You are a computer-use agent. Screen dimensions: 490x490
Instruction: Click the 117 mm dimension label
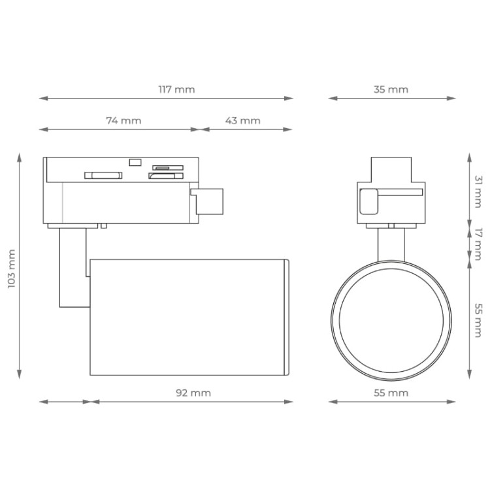(176, 90)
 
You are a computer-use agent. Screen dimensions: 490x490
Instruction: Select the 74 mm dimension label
(123, 120)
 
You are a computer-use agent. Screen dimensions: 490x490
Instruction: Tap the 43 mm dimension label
(242, 120)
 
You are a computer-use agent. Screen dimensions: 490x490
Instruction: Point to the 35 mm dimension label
(391, 90)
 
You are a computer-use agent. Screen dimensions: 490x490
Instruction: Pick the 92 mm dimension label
(193, 393)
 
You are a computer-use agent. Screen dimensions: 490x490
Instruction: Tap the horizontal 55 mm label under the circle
(391, 393)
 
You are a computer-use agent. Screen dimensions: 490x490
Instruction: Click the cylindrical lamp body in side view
(188, 317)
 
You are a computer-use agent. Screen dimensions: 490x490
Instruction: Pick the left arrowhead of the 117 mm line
(42, 99)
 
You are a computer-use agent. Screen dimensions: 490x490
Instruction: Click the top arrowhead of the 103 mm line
(20, 157)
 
